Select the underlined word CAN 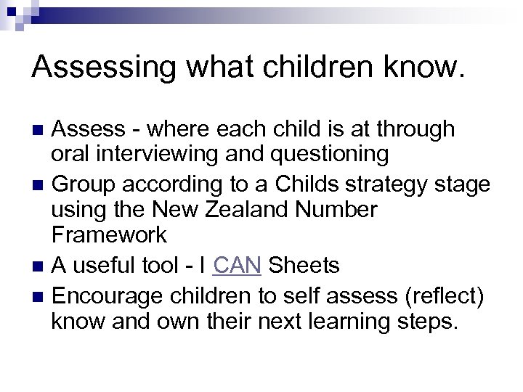pyautogui.click(x=238, y=266)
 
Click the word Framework pyautogui.click(x=109, y=235)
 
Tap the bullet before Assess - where pyautogui.click(x=39, y=131)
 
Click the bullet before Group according pyautogui.click(x=39, y=185)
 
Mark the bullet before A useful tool pyautogui.click(x=39, y=267)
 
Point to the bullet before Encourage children pyautogui.click(x=39, y=295)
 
